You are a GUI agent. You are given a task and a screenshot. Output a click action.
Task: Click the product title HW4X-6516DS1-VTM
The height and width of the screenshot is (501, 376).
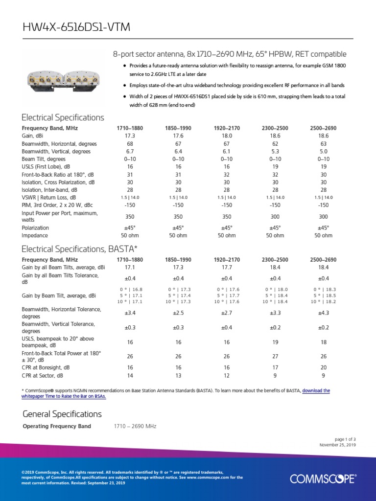[x=76, y=27]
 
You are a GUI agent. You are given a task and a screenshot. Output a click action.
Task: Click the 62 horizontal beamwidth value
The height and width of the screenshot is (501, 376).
[x=275, y=144]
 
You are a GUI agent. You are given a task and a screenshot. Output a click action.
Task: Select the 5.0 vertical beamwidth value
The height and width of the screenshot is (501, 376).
[x=323, y=152]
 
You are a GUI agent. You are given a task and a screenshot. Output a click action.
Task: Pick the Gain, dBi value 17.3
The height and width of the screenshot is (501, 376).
[x=130, y=136]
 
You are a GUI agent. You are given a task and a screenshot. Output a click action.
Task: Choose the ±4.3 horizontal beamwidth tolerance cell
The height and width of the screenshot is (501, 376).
[x=323, y=313]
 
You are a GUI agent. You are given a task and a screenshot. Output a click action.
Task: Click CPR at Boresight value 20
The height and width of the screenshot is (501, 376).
[x=323, y=367]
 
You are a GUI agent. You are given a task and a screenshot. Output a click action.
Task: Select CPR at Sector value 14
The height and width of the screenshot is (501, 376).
[x=130, y=375]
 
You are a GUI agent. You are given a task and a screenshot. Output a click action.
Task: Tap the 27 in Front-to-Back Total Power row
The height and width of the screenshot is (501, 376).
[x=275, y=356]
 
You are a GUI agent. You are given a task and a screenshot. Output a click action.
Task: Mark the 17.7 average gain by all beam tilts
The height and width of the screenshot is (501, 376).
[x=227, y=267]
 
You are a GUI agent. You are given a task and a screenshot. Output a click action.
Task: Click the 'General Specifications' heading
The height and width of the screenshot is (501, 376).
[x=62, y=414]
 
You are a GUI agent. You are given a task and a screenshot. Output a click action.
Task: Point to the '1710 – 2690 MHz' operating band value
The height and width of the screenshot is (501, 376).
[x=135, y=427]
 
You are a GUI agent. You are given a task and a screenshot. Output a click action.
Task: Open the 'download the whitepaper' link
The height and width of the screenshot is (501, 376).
[x=316, y=390]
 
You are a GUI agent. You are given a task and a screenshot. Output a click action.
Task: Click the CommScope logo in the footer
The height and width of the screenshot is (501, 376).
[x=323, y=478]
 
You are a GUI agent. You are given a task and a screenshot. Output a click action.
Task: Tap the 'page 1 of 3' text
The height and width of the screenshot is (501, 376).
[x=345, y=439]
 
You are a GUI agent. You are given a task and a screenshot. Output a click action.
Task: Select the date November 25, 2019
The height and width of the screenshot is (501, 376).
[x=337, y=445]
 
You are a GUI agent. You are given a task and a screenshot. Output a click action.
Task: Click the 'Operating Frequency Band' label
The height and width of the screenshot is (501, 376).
[x=57, y=427]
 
